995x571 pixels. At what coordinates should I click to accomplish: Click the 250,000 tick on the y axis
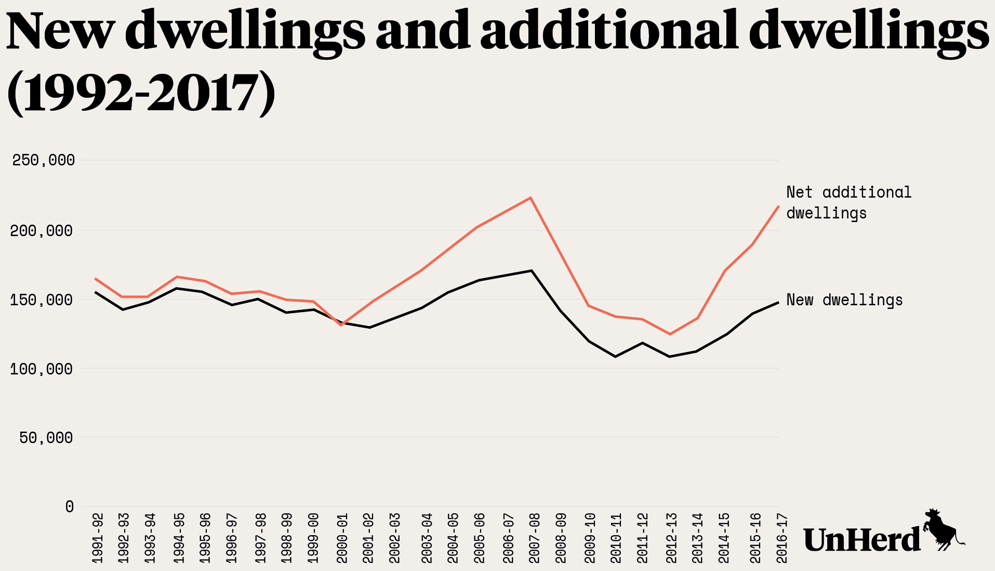(x=44, y=160)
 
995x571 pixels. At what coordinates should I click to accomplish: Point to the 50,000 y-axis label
(x=46, y=438)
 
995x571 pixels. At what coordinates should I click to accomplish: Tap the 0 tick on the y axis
(x=70, y=507)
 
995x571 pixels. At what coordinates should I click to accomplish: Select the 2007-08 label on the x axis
(x=535, y=538)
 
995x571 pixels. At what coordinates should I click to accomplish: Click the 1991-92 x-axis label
(x=97, y=538)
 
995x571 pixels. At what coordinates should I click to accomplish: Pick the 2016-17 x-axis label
(x=781, y=538)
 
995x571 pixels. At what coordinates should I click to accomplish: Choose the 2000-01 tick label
(x=342, y=538)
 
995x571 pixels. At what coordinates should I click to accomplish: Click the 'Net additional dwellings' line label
(x=848, y=203)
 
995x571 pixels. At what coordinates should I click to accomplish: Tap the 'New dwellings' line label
(x=844, y=300)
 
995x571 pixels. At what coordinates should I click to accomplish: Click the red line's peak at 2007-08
(x=531, y=198)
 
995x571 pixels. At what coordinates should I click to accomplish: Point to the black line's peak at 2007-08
(x=531, y=270)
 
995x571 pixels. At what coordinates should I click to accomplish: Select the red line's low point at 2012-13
(x=670, y=334)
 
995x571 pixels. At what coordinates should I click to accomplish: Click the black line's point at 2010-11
(x=616, y=357)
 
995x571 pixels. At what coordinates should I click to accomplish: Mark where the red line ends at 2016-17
(x=778, y=206)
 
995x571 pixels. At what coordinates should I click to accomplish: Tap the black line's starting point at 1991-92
(x=96, y=292)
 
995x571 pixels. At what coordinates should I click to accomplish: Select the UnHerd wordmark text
(x=861, y=540)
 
